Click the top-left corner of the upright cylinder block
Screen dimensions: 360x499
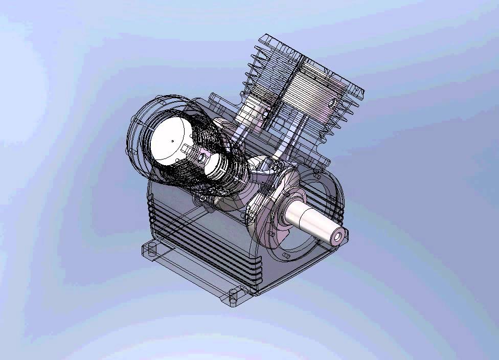point(263,37)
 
